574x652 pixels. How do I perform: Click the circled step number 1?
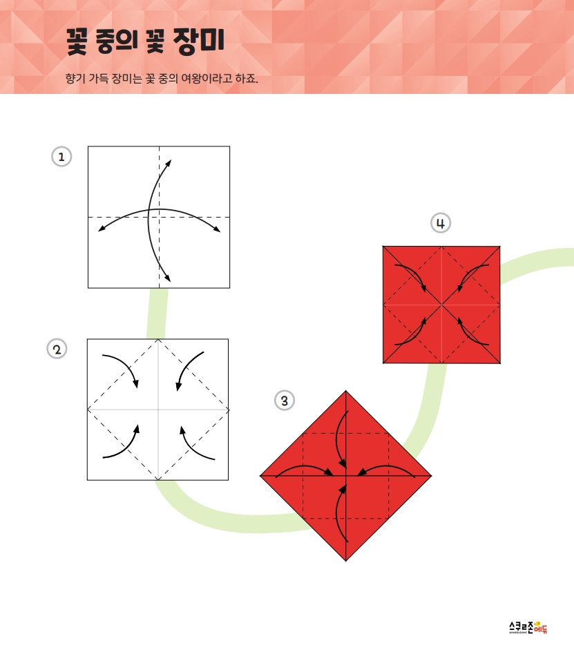tap(61, 157)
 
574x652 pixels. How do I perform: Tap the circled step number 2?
tap(57, 349)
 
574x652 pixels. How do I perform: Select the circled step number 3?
tap(285, 401)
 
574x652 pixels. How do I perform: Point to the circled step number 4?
tap(441, 223)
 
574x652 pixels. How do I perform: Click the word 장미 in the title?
tap(199, 41)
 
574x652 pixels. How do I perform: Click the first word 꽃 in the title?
tap(77, 41)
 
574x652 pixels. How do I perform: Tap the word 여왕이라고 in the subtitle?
tap(207, 78)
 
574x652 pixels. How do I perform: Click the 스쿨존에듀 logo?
tap(528, 627)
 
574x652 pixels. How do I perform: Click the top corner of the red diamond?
tap(345, 390)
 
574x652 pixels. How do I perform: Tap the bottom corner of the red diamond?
tap(345, 561)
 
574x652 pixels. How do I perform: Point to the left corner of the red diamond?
tap(260, 476)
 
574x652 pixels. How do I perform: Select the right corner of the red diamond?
tap(432, 476)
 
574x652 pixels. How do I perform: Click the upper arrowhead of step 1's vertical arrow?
tap(169, 162)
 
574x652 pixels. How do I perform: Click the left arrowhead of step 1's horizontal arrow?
tap(101, 229)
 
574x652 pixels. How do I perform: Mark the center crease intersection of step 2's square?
tap(158, 410)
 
